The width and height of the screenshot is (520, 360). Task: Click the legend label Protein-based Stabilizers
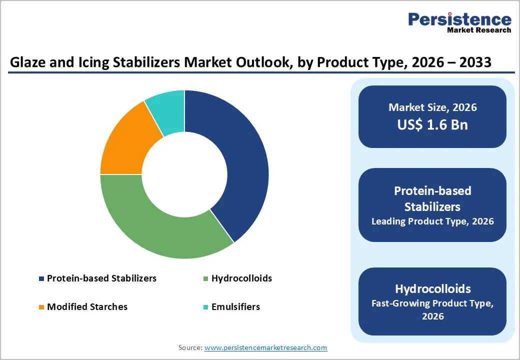click(101, 278)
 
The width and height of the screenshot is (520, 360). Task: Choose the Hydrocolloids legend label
click(241, 278)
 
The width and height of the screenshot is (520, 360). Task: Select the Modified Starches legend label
click(87, 307)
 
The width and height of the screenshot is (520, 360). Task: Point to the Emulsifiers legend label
click(235, 307)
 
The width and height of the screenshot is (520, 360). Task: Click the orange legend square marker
click(42, 307)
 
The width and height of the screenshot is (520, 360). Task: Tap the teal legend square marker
click(206, 307)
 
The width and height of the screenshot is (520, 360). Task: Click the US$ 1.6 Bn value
click(432, 124)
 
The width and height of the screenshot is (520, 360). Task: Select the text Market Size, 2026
click(432, 107)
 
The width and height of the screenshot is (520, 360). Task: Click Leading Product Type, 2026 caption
click(432, 221)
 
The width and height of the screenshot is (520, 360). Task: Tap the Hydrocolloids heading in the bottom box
click(432, 289)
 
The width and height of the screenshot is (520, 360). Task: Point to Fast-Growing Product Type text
click(432, 303)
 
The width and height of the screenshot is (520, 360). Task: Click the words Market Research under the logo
click(479, 30)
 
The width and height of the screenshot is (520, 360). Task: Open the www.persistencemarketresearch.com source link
click(265, 347)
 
